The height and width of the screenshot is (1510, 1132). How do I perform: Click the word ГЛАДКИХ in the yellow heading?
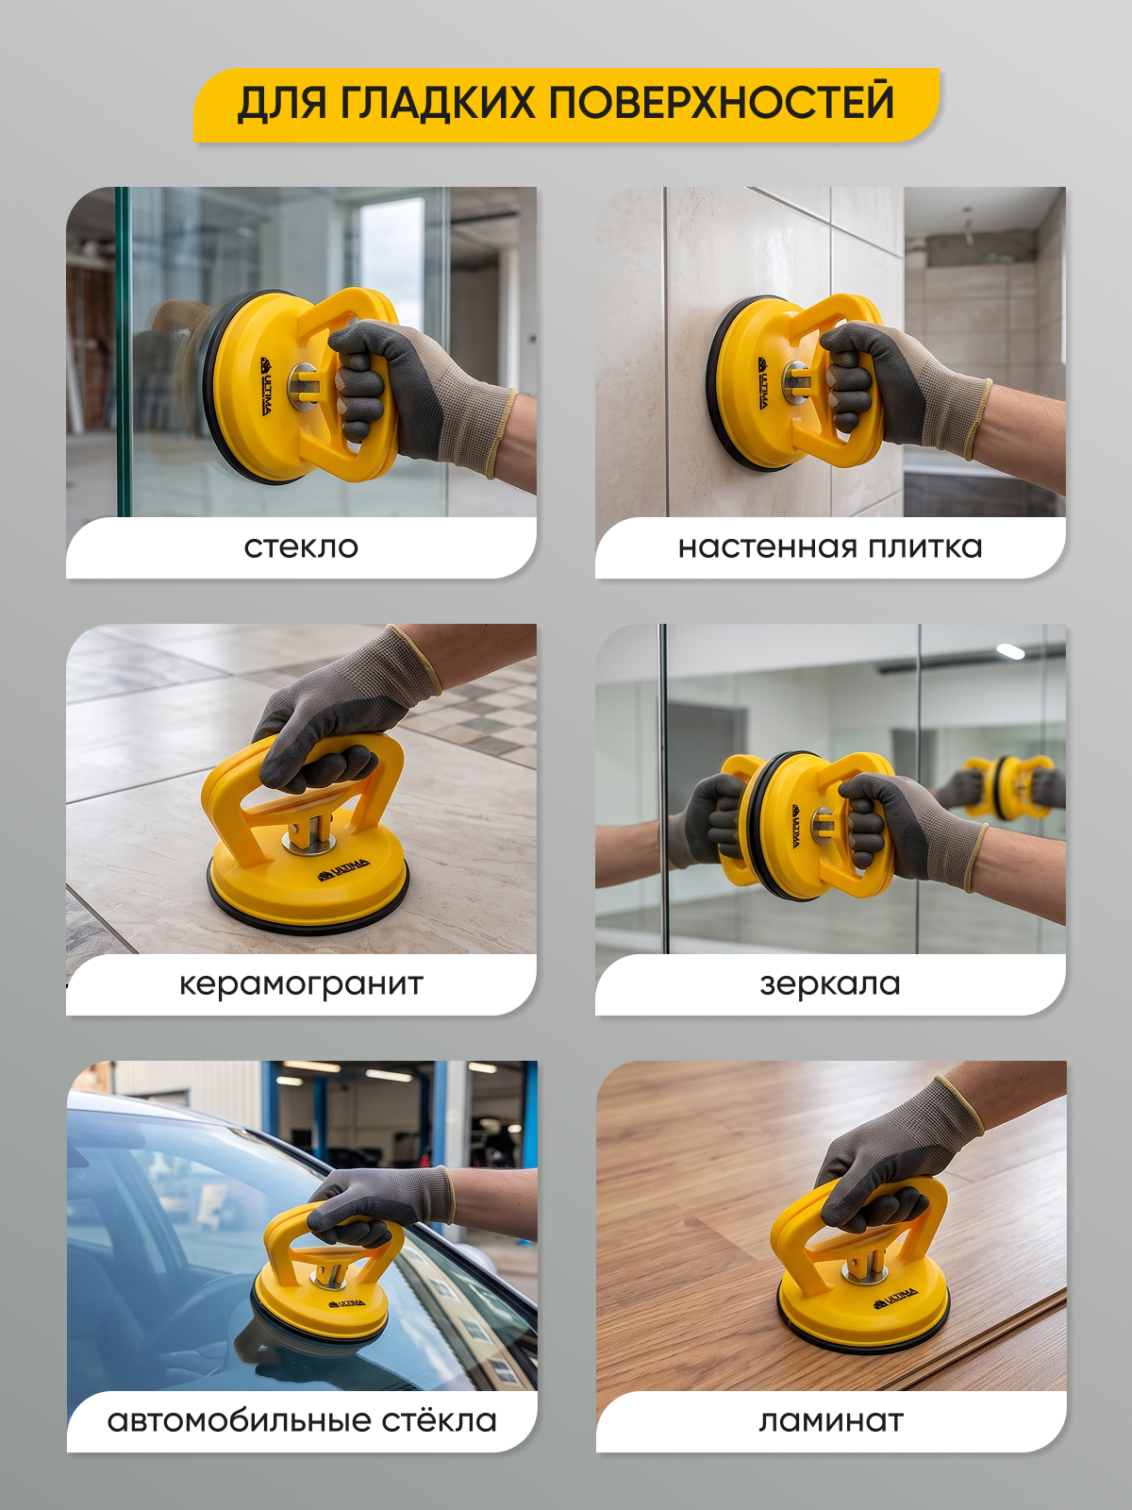click(x=437, y=103)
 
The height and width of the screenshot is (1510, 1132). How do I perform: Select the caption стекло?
click(x=301, y=547)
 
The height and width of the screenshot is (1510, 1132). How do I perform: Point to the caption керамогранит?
click(x=301, y=984)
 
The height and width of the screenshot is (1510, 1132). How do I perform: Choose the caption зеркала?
click(x=830, y=984)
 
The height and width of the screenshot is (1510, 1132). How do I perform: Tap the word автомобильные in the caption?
click(x=240, y=1421)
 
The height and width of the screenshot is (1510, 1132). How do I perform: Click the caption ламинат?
click(x=831, y=1421)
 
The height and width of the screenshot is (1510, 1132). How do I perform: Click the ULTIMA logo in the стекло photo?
click(x=266, y=386)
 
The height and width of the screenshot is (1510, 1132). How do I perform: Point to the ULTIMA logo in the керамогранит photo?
click(x=343, y=869)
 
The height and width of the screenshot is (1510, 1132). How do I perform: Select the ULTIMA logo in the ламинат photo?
click(x=895, y=1298)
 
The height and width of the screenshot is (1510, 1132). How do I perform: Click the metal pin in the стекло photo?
click(x=303, y=387)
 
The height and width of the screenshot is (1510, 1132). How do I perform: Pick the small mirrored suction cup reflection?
click(x=1007, y=787)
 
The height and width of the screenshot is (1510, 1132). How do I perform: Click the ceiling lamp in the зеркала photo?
click(x=1010, y=651)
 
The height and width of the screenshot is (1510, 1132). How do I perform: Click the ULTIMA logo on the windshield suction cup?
click(x=347, y=1302)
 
